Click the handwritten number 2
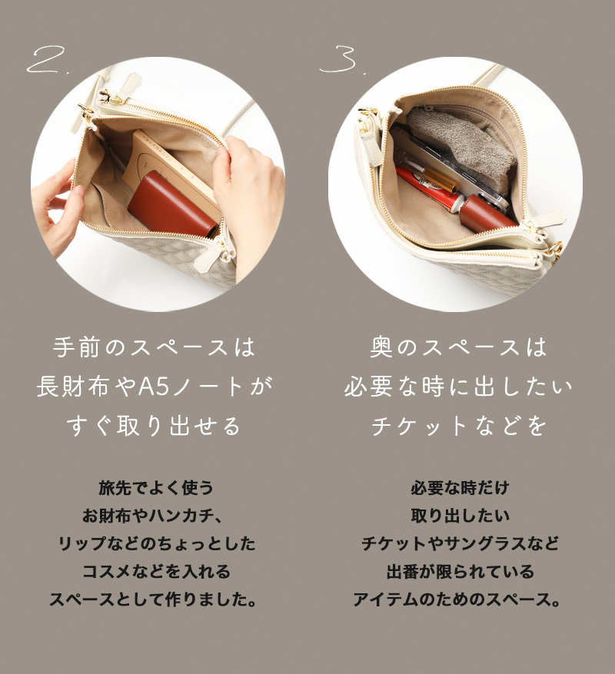click(x=45, y=60)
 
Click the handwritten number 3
click(x=339, y=59)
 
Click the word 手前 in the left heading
click(x=76, y=347)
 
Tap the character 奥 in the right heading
click(x=381, y=347)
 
